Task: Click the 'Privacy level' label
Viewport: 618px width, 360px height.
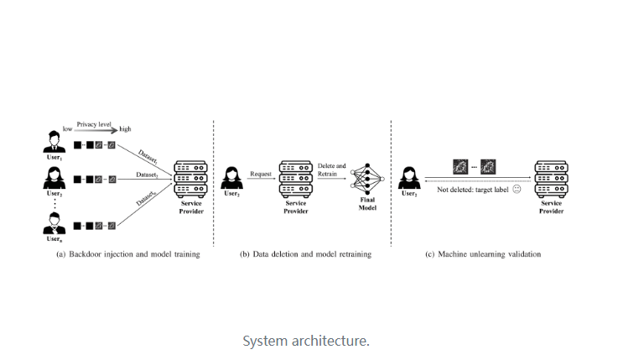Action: click(94, 123)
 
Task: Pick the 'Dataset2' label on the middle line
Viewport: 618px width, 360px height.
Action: click(148, 175)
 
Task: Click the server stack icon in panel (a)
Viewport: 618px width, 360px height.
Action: click(190, 178)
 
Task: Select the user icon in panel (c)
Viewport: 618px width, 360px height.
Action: click(409, 177)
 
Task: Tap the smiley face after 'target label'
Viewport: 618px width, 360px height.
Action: click(517, 190)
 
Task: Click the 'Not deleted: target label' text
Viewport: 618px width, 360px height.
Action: click(472, 190)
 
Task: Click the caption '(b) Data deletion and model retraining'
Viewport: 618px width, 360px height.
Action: click(304, 254)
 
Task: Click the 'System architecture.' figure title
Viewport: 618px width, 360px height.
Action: click(305, 341)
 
